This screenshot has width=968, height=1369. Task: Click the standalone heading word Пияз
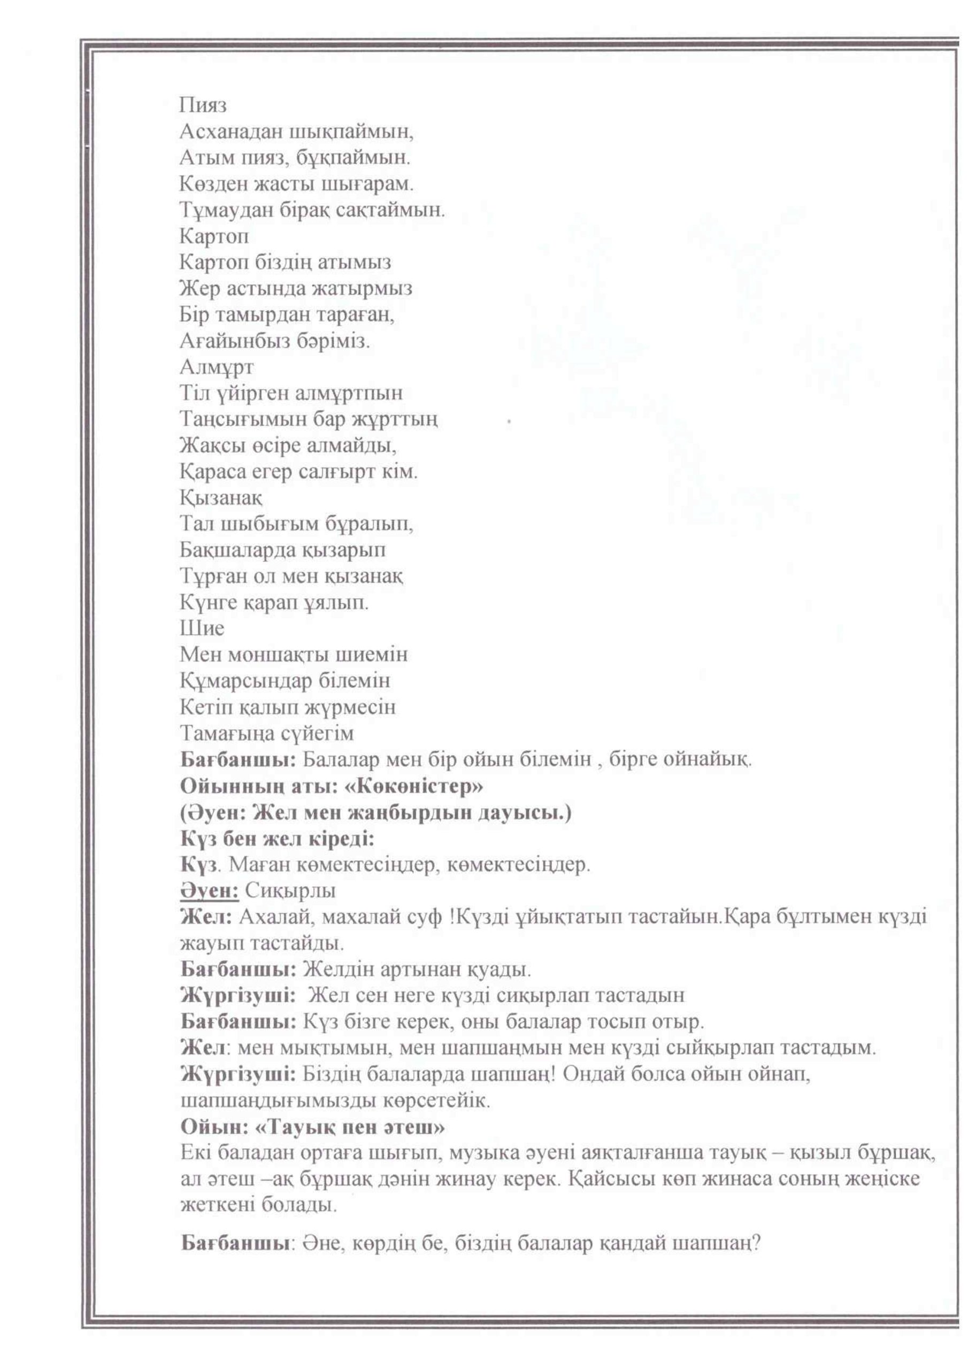(x=203, y=105)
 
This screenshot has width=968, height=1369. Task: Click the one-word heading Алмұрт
(x=217, y=367)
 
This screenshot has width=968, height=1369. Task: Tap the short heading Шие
(x=202, y=628)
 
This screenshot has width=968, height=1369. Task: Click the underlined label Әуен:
(x=209, y=891)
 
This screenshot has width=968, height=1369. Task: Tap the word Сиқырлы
(x=290, y=891)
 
